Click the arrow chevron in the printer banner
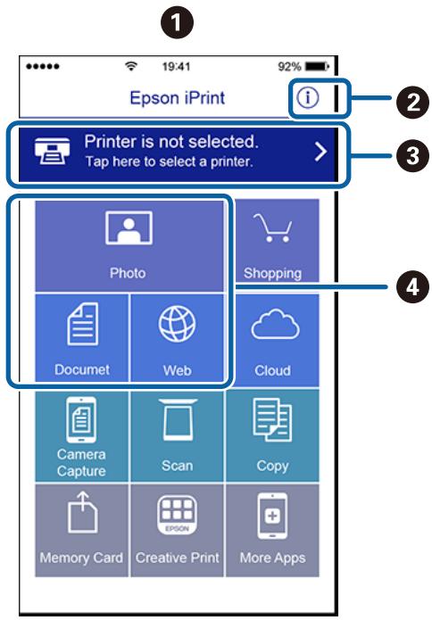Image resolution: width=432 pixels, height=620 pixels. click(319, 152)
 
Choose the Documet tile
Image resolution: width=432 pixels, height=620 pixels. click(81, 340)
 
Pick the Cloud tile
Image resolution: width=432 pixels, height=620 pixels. click(273, 340)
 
